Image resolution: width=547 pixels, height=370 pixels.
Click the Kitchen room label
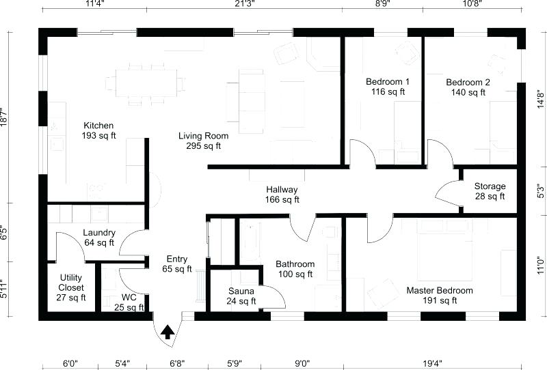[98, 130]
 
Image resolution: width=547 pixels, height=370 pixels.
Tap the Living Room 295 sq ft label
[204, 141]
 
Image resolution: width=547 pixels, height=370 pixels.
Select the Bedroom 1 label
[388, 87]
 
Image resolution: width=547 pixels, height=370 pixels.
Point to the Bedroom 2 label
[468, 87]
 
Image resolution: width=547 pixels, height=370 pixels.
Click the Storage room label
[490, 191]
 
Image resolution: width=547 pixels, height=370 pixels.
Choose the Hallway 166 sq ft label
[282, 195]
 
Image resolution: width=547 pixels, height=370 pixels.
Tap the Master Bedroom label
[440, 296]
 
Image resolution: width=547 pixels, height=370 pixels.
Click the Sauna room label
[241, 296]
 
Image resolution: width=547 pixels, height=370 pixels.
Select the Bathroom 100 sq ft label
[295, 269]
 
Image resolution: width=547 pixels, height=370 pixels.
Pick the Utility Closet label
[71, 287]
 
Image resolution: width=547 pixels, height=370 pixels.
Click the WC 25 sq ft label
[129, 302]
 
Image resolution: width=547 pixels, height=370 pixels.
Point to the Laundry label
[98, 237]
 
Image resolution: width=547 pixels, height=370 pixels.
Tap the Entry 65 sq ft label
[177, 264]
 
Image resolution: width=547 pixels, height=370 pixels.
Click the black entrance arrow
[166, 332]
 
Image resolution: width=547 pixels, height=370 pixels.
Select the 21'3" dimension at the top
[244, 4]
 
